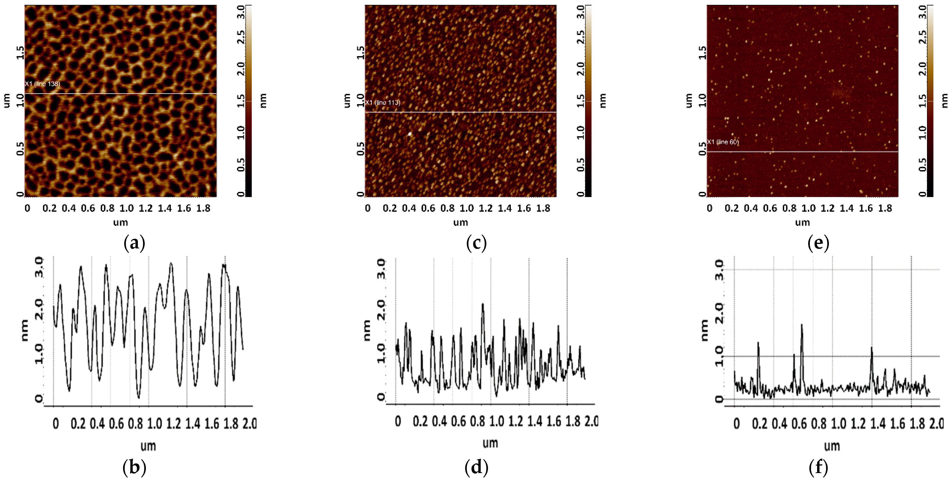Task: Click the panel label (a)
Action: (134, 243)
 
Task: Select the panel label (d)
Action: (476, 468)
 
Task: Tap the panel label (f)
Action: (818, 468)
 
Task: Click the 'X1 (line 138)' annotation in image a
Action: (42, 84)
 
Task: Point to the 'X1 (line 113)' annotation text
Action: (383, 102)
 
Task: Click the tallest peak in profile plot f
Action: (802, 325)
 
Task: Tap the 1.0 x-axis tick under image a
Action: (126, 208)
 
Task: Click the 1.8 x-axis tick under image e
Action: (885, 208)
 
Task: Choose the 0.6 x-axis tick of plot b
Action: (116, 423)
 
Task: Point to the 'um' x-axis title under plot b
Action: (148, 446)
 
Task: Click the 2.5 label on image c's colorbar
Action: (580, 37)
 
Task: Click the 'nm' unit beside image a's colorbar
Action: (263, 100)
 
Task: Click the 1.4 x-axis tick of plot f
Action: (878, 423)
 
